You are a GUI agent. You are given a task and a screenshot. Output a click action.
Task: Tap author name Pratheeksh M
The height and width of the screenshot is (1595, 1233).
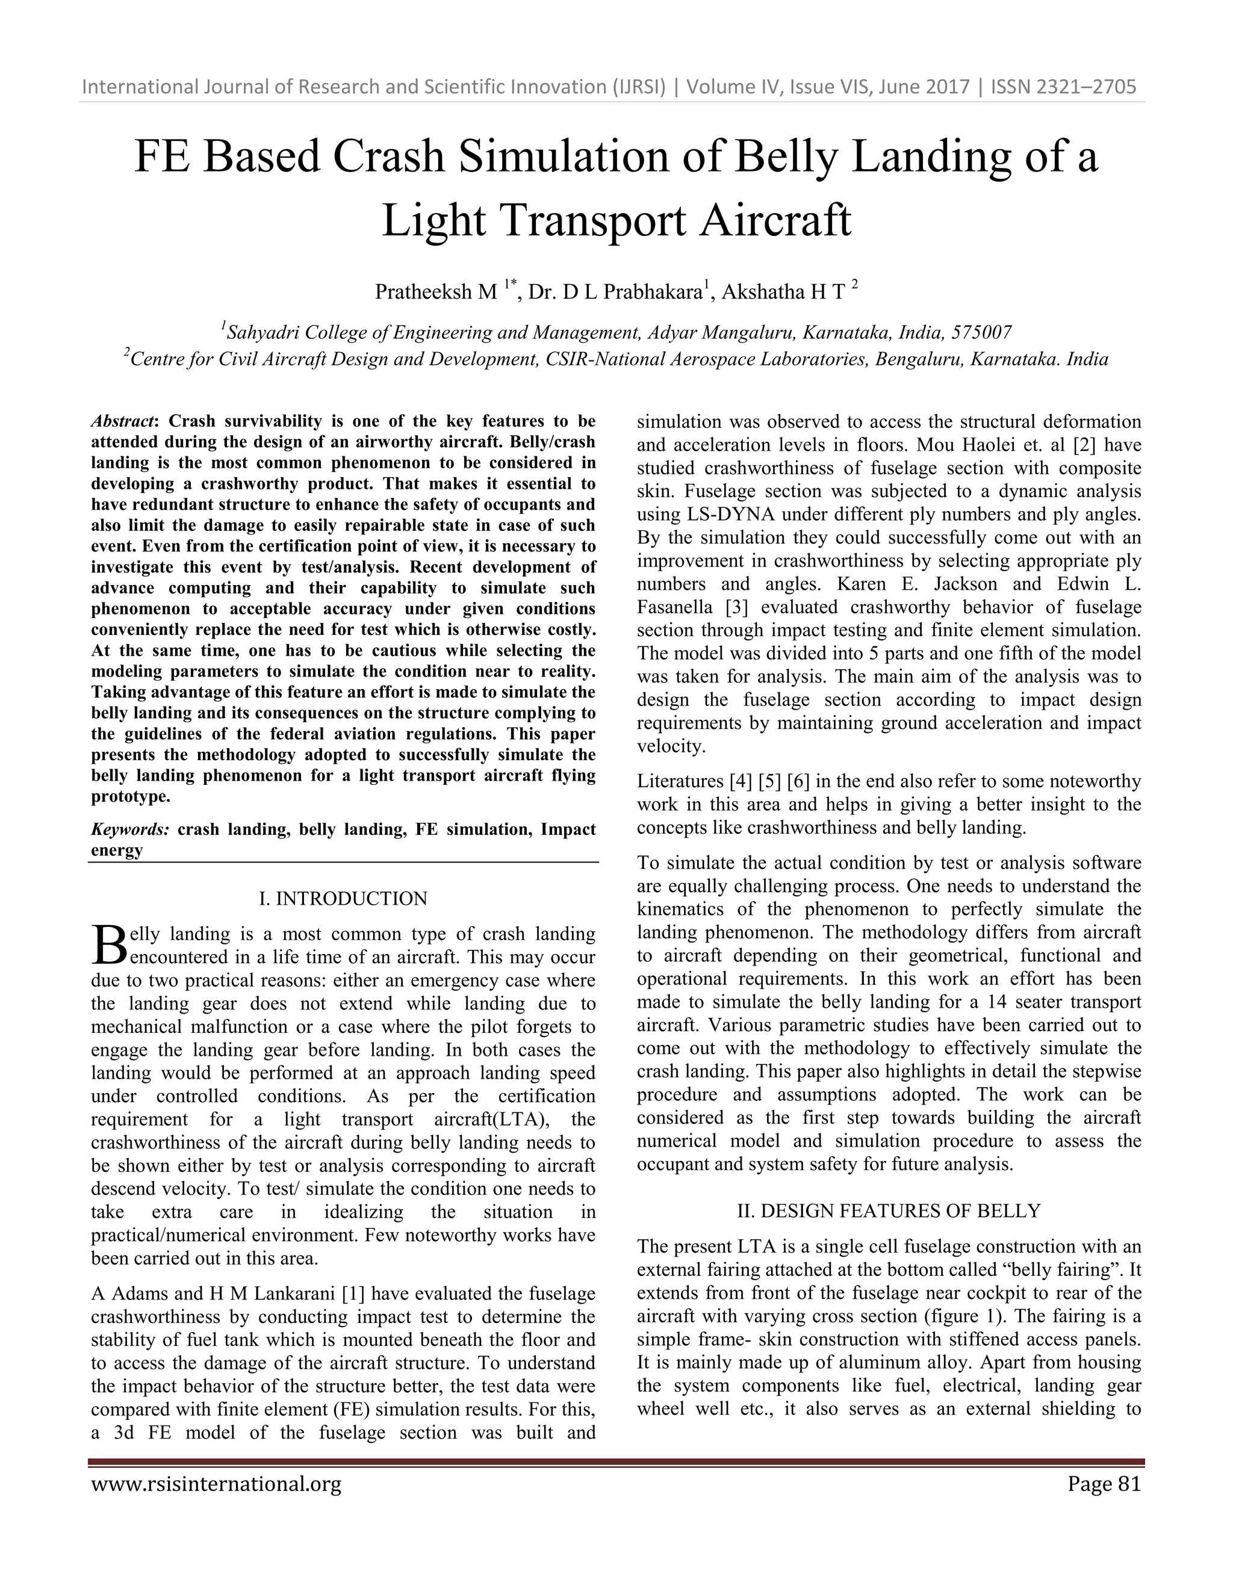435,292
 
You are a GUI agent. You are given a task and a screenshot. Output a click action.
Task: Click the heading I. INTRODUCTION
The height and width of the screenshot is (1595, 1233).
343,898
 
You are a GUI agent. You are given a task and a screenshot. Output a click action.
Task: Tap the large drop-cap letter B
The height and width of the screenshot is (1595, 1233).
108,946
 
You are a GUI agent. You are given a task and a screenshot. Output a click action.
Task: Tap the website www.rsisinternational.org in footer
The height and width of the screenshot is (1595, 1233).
216,1485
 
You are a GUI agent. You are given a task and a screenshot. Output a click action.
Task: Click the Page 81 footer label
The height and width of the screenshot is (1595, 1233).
1103,1485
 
